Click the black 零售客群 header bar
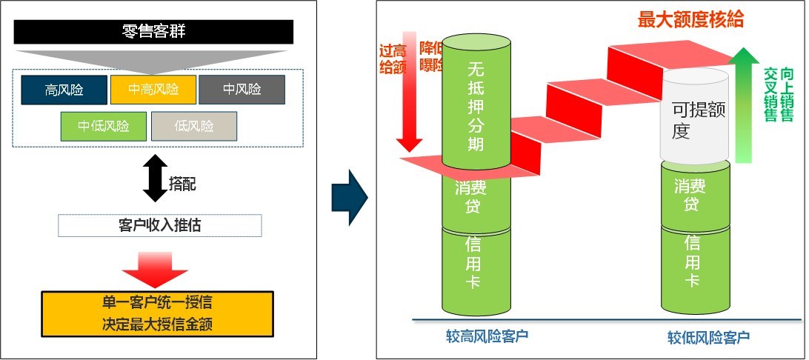coord(153,31)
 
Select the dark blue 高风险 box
coord(64,90)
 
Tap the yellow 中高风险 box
coord(153,90)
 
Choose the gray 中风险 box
coord(242,90)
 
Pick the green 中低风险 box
coord(104,126)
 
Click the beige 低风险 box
coord(194,126)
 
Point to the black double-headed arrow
coord(155,178)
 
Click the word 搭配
coord(183,184)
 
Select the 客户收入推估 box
coord(159,225)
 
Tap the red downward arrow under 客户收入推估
coord(155,269)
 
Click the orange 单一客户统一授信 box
coord(158,313)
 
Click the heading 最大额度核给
coord(690,19)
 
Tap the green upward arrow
coord(746,104)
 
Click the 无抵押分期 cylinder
coord(476,104)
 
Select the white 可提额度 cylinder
coord(695,117)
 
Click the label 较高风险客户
coord(481,336)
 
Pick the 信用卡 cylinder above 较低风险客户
coord(693,267)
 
